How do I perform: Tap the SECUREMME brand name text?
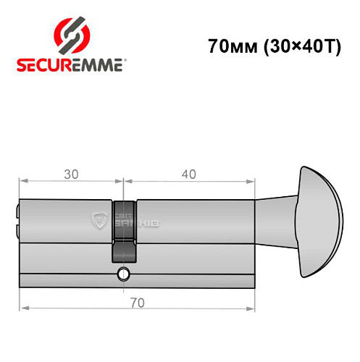(71, 64)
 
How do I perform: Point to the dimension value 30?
(71, 174)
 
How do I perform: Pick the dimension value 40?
(189, 174)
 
